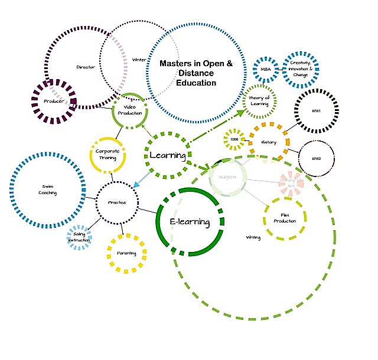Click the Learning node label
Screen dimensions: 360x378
click(x=168, y=156)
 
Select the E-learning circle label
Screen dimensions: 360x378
click(x=190, y=222)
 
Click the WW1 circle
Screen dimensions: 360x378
click(x=315, y=111)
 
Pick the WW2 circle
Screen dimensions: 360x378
click(x=316, y=159)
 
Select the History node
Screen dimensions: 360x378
click(x=269, y=142)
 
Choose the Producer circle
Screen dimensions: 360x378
click(x=53, y=101)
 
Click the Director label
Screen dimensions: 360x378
click(x=86, y=67)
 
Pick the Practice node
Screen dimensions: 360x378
click(x=117, y=202)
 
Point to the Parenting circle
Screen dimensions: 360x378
click(x=126, y=253)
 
